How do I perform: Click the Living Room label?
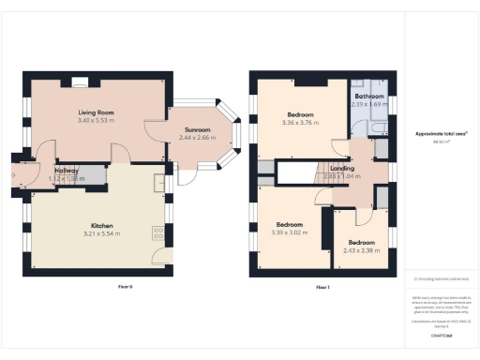pyautogui.click(x=96, y=112)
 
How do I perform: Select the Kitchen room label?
pyautogui.click(x=102, y=225)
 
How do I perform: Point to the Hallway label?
pyautogui.click(x=64, y=171)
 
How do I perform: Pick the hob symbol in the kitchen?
pyautogui.click(x=157, y=232)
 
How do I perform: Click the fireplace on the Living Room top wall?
pyautogui.click(x=82, y=82)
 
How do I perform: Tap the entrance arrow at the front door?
pyautogui.click(x=13, y=173)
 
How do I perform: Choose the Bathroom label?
pyautogui.click(x=369, y=96)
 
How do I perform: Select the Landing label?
pyautogui.click(x=341, y=168)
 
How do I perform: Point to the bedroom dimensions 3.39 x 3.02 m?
pyautogui.click(x=289, y=232)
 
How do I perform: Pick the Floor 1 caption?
pyautogui.click(x=322, y=286)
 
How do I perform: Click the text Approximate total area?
pyautogui.click(x=433, y=134)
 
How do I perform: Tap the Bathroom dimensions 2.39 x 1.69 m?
pyautogui.click(x=369, y=104)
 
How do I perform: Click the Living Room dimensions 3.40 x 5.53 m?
pyautogui.click(x=96, y=121)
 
